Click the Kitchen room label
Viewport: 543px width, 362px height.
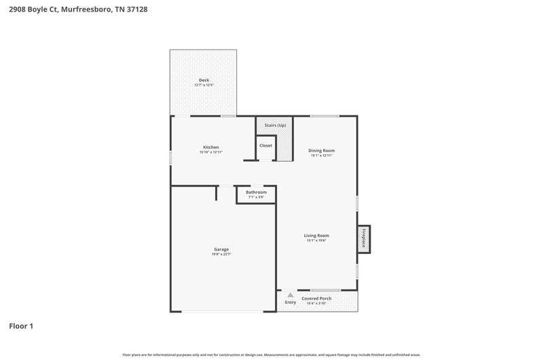click(211, 147)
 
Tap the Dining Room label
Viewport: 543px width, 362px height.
click(322, 151)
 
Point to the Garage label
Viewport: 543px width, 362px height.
click(221, 249)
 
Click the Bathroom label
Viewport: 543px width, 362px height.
click(256, 192)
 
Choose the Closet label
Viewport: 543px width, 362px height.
click(265, 145)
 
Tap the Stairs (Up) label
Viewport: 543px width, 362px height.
click(275, 126)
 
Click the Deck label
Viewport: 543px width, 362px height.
click(204, 80)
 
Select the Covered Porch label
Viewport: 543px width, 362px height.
click(316, 298)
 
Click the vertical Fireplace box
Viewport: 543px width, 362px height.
click(364, 240)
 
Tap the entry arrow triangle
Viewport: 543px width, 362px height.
click(291, 295)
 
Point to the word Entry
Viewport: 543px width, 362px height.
click(291, 303)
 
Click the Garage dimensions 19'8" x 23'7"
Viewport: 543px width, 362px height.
click(221, 254)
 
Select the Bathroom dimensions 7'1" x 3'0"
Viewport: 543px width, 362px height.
click(256, 197)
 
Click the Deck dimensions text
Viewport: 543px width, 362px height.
click(204, 85)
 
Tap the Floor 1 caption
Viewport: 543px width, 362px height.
click(21, 326)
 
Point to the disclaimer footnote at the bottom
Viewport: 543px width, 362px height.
click(271, 355)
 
